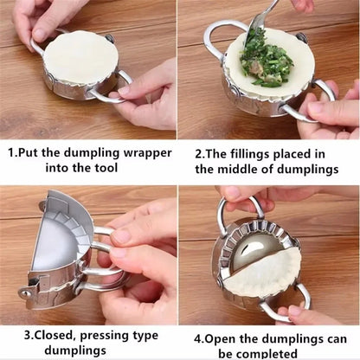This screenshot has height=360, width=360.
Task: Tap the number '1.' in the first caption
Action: click(x=15, y=152)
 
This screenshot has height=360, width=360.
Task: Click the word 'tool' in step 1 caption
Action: click(x=111, y=170)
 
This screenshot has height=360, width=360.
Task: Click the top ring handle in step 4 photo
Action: click(x=238, y=208)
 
